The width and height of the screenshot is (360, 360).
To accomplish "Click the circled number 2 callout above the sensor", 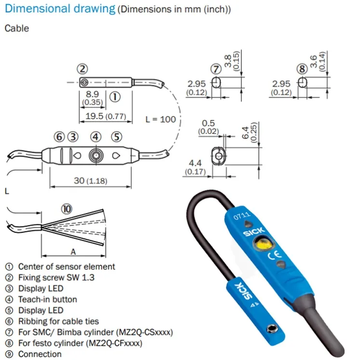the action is coord(82,69).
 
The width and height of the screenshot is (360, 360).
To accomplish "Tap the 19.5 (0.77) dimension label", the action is coord(106,116).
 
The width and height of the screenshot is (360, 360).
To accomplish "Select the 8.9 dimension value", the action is coord(93,94).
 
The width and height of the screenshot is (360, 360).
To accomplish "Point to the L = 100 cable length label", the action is coord(160,120).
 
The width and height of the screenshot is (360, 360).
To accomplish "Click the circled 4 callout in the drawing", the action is coord(96,137).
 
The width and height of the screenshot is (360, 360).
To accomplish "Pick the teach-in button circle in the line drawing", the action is coord(96,156).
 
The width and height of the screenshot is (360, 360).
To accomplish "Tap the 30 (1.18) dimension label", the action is coord(91,181).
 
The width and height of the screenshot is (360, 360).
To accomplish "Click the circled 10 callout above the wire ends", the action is coord(67,209).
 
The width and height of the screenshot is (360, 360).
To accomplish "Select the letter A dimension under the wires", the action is coord(73,252).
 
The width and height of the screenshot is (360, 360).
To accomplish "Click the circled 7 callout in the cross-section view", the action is coord(216,69).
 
